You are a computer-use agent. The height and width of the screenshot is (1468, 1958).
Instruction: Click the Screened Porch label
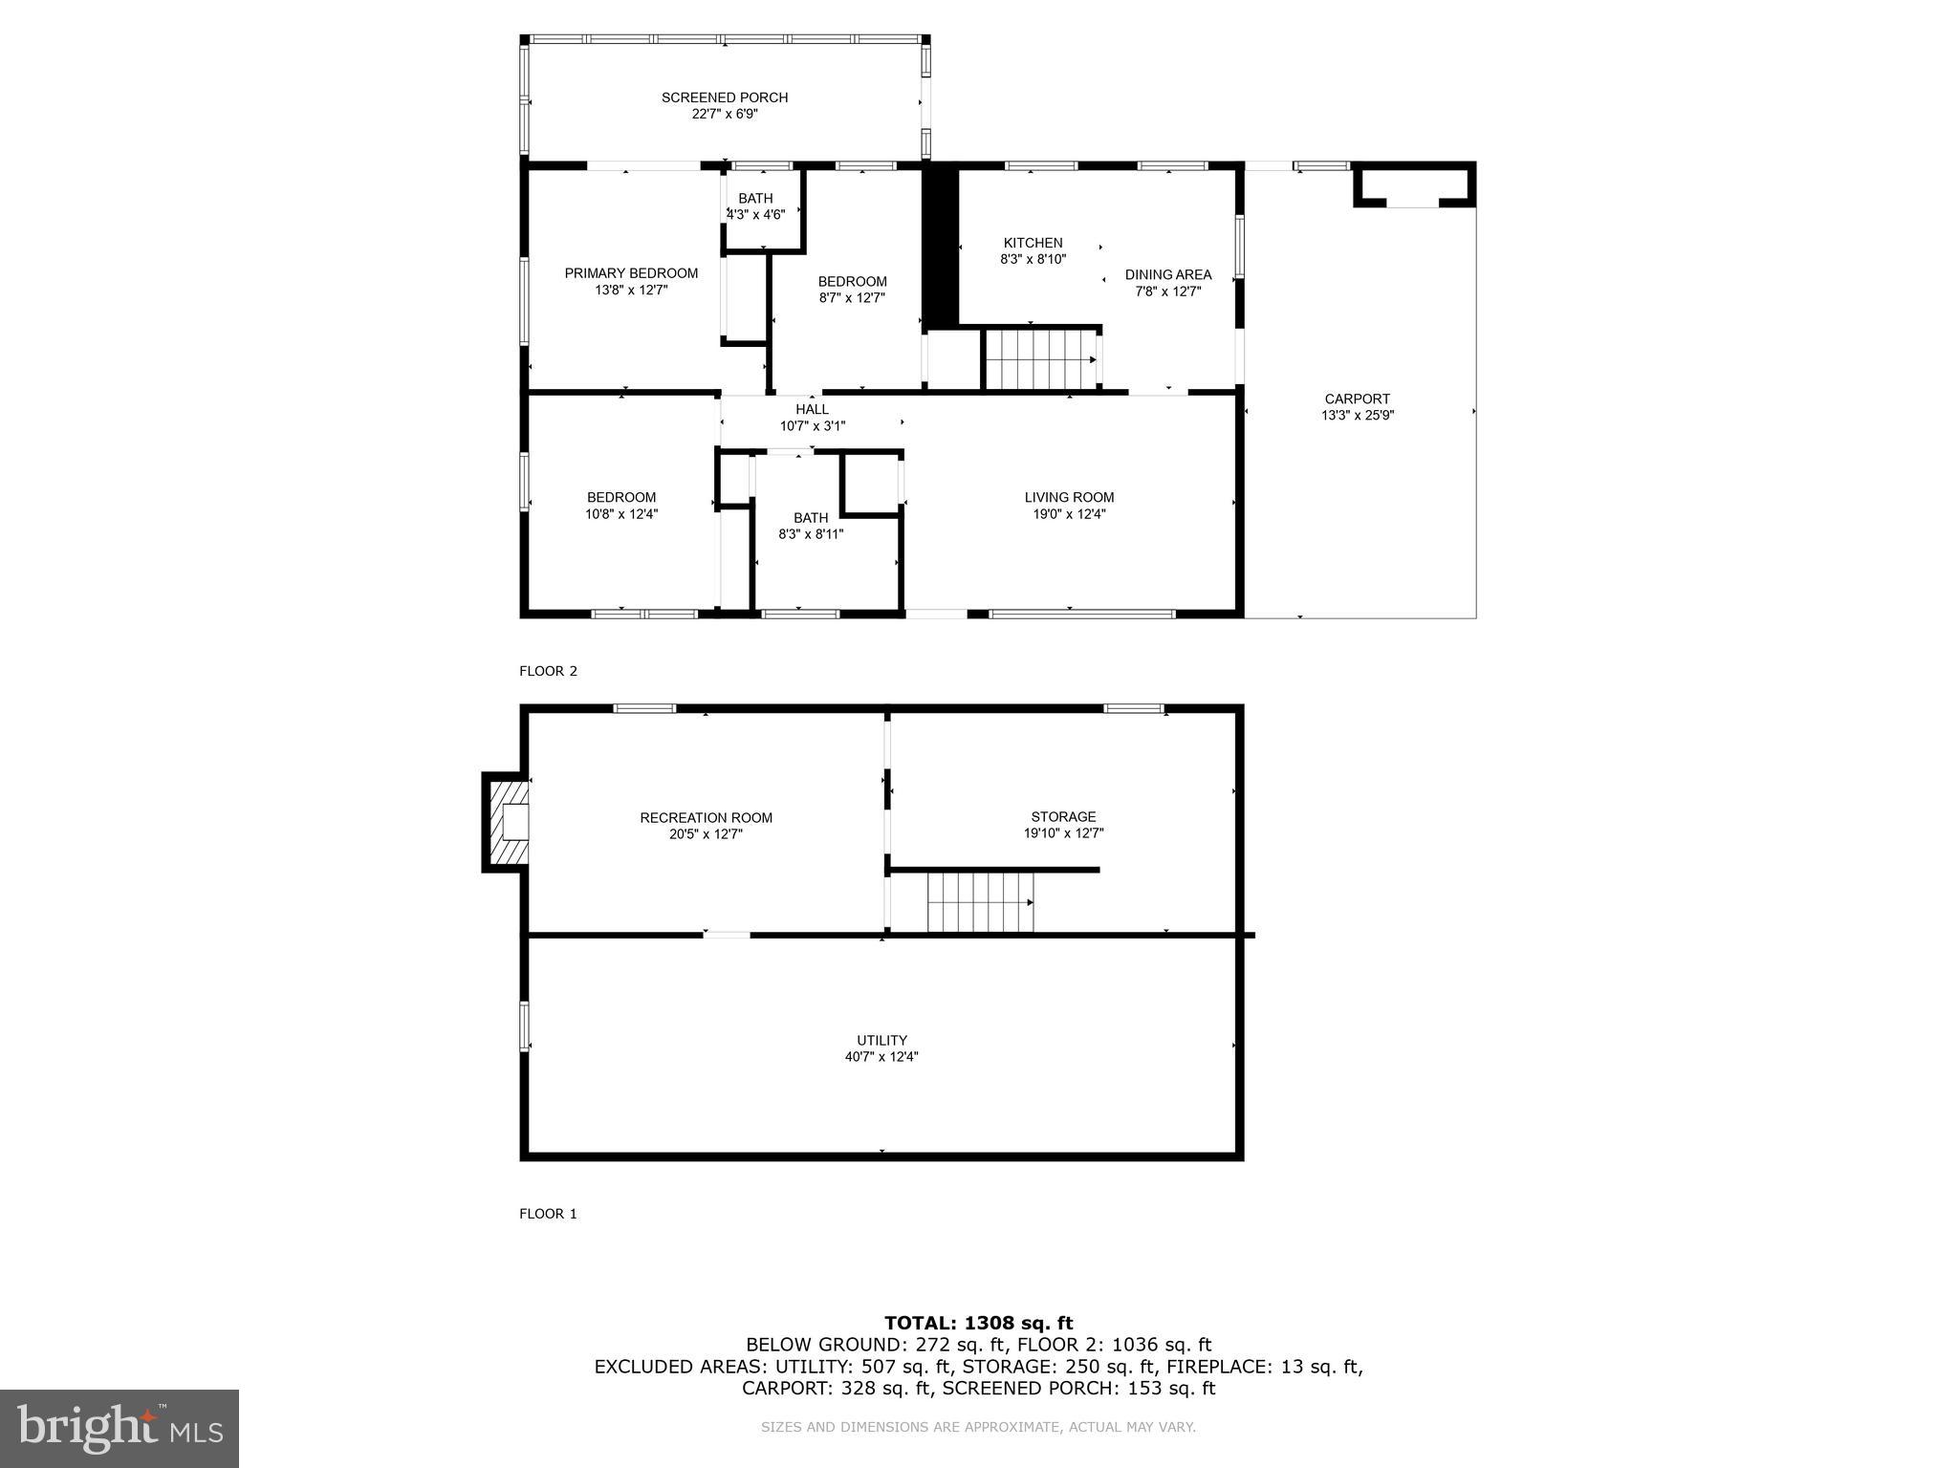tap(725, 97)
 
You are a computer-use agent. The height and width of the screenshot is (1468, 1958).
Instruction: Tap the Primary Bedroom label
tap(631, 273)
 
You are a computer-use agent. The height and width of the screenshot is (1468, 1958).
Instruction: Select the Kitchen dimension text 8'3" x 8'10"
tap(1033, 259)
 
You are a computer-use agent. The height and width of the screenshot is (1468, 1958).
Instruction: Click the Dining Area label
tap(1167, 275)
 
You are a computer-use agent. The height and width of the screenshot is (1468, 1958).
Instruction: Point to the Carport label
tap(1357, 399)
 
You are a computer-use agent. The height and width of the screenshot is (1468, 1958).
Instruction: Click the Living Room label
tap(1069, 497)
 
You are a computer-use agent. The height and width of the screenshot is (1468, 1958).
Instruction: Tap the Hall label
tap(812, 410)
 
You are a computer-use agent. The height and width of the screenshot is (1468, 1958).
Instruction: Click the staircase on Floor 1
tap(980, 901)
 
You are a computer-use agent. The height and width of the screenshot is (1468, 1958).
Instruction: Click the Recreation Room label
tap(706, 818)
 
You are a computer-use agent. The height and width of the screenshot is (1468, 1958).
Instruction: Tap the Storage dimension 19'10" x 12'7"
tap(1063, 833)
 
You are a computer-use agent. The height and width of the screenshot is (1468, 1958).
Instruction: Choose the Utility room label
tap(881, 1041)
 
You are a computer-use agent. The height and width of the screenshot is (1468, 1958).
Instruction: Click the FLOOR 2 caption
tap(548, 671)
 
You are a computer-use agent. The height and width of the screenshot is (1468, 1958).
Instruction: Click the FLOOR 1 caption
tap(548, 1214)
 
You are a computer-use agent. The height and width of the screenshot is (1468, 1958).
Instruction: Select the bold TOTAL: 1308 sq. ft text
tap(978, 1324)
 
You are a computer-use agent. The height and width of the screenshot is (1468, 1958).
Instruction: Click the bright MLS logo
tap(120, 1429)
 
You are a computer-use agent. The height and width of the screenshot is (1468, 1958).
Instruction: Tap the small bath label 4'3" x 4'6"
tap(755, 215)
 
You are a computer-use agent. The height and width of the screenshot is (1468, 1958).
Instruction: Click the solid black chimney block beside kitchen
tap(940, 246)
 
